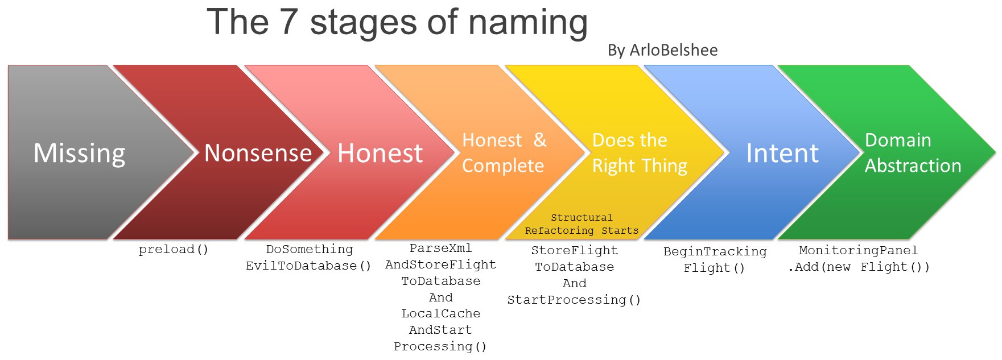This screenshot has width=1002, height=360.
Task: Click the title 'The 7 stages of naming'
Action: click(x=397, y=23)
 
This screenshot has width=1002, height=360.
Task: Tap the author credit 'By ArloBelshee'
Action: click(x=662, y=50)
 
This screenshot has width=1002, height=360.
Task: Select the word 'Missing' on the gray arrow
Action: click(x=80, y=154)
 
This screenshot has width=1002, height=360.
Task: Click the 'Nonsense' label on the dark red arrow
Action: click(x=258, y=153)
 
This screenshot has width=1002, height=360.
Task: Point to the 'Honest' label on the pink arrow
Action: click(x=380, y=153)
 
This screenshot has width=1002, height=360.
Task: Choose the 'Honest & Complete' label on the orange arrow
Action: click(x=504, y=152)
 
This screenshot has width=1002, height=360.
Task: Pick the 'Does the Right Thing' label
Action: click(x=640, y=153)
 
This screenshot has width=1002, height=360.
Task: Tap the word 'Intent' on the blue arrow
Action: click(x=782, y=153)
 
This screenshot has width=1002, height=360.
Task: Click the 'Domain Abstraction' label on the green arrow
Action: click(x=913, y=152)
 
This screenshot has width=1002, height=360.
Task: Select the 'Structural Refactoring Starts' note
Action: click(x=582, y=224)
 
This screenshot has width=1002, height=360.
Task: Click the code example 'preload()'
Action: click(x=174, y=250)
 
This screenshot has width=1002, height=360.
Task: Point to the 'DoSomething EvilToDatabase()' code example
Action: click(x=309, y=258)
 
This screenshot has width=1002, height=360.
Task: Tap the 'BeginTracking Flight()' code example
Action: click(x=715, y=260)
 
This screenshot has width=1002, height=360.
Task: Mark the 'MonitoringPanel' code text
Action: click(x=859, y=250)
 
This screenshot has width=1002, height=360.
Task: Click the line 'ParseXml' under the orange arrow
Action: click(x=441, y=248)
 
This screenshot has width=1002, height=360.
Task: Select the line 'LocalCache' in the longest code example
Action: click(x=441, y=313)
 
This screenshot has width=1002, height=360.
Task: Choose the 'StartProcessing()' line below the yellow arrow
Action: click(x=574, y=300)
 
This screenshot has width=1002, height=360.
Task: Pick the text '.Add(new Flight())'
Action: click(x=859, y=267)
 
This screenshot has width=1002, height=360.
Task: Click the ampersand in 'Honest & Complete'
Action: click(x=540, y=140)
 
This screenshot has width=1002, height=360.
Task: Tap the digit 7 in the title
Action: click(x=289, y=23)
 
